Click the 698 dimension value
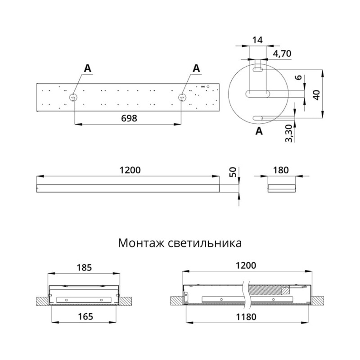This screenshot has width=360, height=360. (x=129, y=118)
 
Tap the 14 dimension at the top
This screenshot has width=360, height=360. (x=257, y=40)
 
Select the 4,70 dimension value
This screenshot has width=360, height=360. (x=282, y=54)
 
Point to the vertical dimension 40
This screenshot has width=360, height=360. (x=317, y=95)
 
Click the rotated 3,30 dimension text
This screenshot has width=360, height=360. (x=289, y=133)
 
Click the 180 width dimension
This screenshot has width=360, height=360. (x=281, y=170)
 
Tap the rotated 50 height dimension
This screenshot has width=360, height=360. (x=233, y=172)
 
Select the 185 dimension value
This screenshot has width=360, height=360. (x=84, y=267)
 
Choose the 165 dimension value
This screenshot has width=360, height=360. (x=85, y=317)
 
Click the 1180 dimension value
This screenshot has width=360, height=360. (x=246, y=317)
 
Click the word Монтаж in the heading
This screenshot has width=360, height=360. (x=141, y=243)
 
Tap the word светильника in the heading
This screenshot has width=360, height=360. (x=205, y=243)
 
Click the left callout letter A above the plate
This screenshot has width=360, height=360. (x=87, y=68)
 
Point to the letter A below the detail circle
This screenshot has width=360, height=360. (x=259, y=131)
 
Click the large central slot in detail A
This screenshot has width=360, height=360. (x=258, y=94)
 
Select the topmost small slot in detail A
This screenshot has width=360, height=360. (x=258, y=70)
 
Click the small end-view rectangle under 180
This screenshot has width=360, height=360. (x=282, y=188)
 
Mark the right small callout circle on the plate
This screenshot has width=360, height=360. (x=182, y=97)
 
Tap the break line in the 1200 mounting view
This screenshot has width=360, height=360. (x=246, y=295)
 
